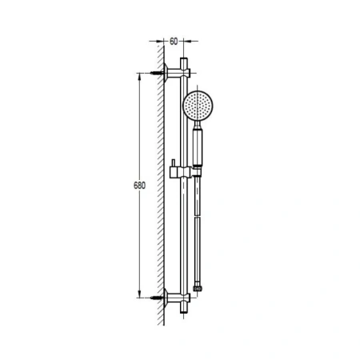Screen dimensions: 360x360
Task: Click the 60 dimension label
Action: tap(174, 42)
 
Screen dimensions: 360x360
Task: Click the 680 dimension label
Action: tap(139, 186)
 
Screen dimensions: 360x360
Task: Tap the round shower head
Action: tap(198, 106)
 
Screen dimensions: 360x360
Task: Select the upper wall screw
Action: tap(157, 73)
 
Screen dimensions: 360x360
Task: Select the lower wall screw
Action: tap(157, 298)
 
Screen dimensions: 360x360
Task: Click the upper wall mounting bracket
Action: tap(177, 73)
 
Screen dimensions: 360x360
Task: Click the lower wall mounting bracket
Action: tap(177, 298)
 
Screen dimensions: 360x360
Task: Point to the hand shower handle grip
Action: tap(198, 146)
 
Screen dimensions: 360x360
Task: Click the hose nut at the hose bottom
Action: tap(198, 289)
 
